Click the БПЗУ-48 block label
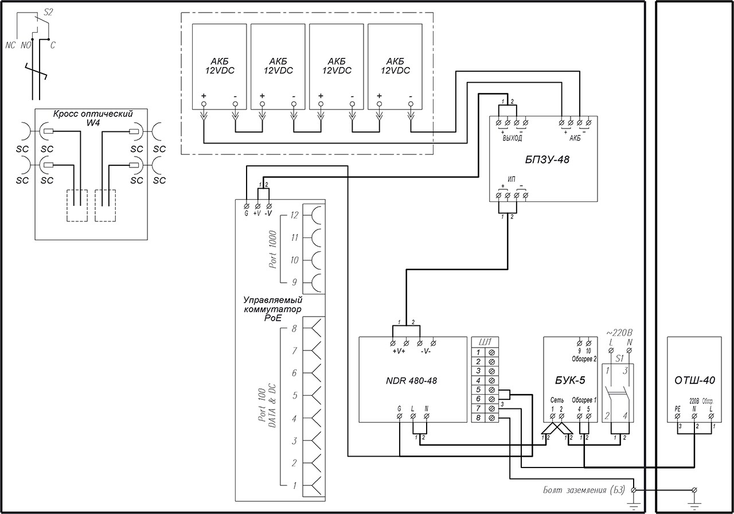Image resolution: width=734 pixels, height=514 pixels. (543, 160)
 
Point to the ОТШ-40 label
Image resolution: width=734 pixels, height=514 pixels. (694, 379)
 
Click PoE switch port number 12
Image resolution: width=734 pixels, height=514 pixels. (295, 216)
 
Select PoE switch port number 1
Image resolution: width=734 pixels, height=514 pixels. (295, 486)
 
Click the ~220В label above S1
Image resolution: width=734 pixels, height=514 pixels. (619, 332)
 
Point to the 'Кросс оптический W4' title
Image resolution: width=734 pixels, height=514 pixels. (93, 118)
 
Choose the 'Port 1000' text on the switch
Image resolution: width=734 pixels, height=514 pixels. (273, 250)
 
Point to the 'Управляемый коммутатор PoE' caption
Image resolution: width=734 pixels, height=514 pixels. (273, 308)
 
